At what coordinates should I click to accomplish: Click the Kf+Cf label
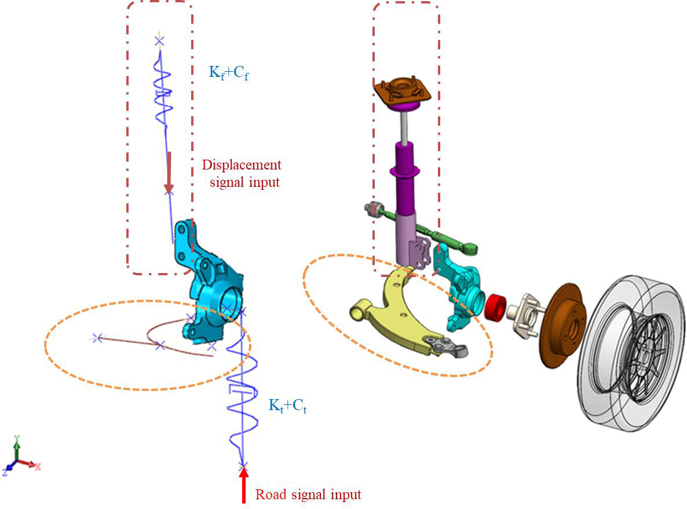pos(229,73)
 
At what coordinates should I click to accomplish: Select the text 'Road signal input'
pos(308,495)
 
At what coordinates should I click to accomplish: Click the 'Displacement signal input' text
pos(241,174)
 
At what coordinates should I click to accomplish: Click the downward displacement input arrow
pos(169,172)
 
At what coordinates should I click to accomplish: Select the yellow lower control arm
pos(400,312)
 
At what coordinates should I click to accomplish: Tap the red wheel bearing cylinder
pos(494,305)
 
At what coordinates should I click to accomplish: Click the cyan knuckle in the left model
pos(209,289)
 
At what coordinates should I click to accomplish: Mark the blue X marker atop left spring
pos(159,40)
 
